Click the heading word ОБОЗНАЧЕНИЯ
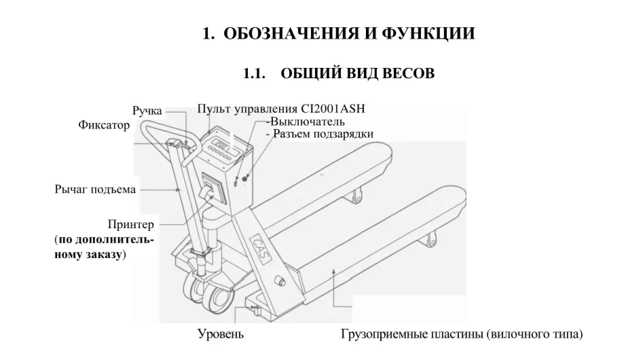(x=285, y=33)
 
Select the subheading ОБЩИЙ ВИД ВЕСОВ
(x=356, y=73)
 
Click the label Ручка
(x=147, y=111)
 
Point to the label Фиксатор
(x=104, y=126)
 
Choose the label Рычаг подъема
(x=94, y=189)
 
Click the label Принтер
(x=131, y=225)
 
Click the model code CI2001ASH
(x=343, y=109)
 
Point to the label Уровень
(x=221, y=334)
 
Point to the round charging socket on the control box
(x=244, y=178)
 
